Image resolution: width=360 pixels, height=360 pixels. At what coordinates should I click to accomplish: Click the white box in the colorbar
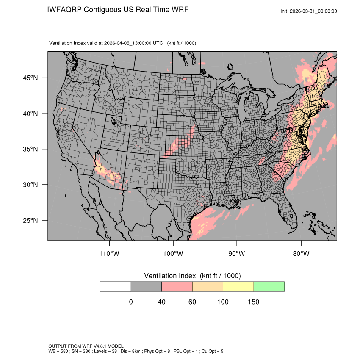pos(116,286)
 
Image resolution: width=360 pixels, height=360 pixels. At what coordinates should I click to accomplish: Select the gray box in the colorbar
pos(146,286)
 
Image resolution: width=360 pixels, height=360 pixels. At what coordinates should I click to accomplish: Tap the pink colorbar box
pos(177,286)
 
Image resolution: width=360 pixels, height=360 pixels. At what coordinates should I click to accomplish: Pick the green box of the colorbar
pos(269,286)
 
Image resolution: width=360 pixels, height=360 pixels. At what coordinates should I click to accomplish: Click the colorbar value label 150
pos(253,302)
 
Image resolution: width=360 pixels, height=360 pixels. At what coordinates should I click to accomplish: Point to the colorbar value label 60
pos(192,302)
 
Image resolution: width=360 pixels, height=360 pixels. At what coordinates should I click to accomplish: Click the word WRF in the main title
pos(179,9)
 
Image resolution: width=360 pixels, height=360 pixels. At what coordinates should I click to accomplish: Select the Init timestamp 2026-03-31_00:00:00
pos(314,11)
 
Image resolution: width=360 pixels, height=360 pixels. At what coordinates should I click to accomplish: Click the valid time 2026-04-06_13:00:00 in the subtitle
pos(133,43)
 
